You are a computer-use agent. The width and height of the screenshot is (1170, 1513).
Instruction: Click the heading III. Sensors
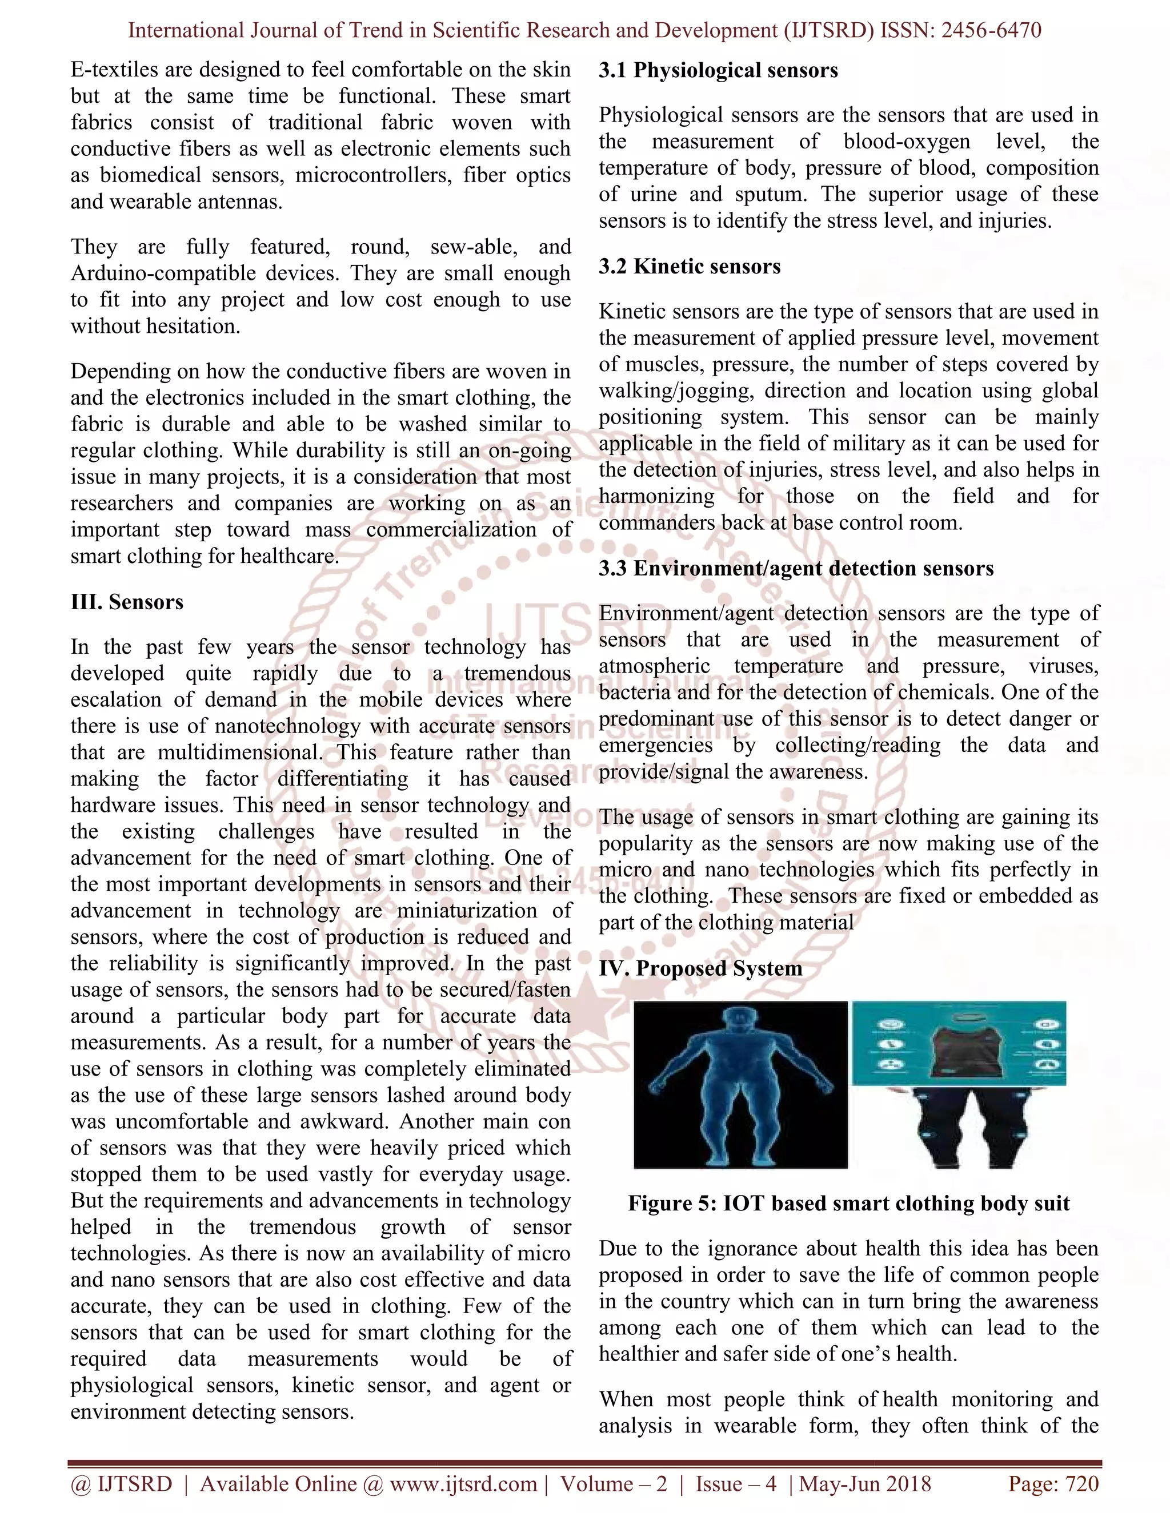tap(127, 602)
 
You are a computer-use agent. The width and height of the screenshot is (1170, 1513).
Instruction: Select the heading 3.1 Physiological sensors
tap(718, 71)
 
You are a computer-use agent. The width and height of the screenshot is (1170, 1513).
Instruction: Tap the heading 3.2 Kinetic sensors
tap(689, 267)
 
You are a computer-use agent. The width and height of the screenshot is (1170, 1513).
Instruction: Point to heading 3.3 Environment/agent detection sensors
tap(796, 569)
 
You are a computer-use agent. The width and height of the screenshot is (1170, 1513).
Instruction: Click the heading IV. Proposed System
tap(700, 968)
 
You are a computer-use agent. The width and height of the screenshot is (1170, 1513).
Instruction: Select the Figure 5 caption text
tap(848, 1204)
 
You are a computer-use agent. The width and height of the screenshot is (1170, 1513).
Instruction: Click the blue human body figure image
tap(740, 1085)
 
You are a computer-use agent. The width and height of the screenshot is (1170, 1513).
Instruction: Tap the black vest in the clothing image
tap(959, 1048)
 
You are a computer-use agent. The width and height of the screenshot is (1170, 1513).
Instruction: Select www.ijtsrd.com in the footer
tap(463, 1484)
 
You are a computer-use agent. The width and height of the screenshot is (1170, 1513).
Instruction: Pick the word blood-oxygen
tap(907, 142)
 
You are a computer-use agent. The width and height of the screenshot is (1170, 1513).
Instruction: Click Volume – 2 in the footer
tap(614, 1484)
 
